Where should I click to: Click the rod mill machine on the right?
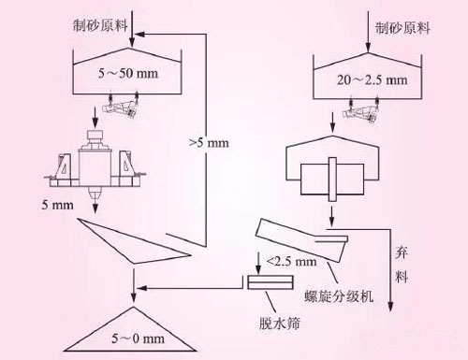pyautogui.click(x=332, y=173)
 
